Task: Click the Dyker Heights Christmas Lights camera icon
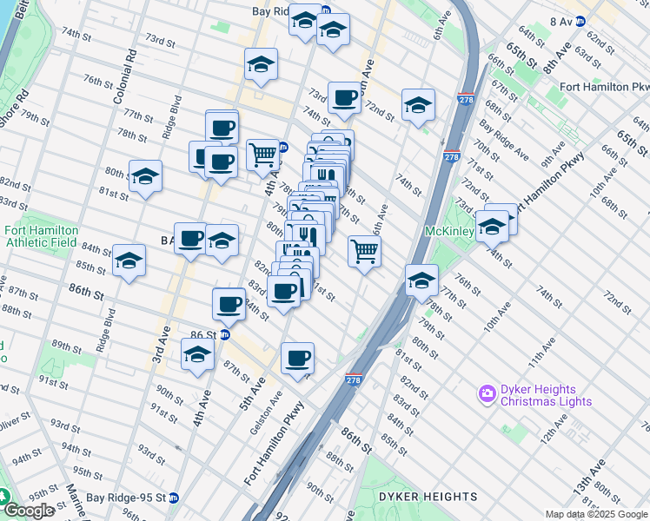(487, 394)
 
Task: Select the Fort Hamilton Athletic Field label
(42, 236)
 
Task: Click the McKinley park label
(449, 232)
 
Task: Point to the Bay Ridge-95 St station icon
(174, 498)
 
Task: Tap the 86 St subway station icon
(224, 333)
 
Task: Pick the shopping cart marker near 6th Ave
(364, 252)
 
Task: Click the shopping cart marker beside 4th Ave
(262, 155)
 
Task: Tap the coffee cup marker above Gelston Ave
(297, 358)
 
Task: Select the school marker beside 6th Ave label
(418, 104)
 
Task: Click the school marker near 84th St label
(129, 261)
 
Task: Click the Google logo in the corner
(28, 511)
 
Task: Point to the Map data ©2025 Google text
(596, 514)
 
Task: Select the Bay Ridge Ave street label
(509, 142)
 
